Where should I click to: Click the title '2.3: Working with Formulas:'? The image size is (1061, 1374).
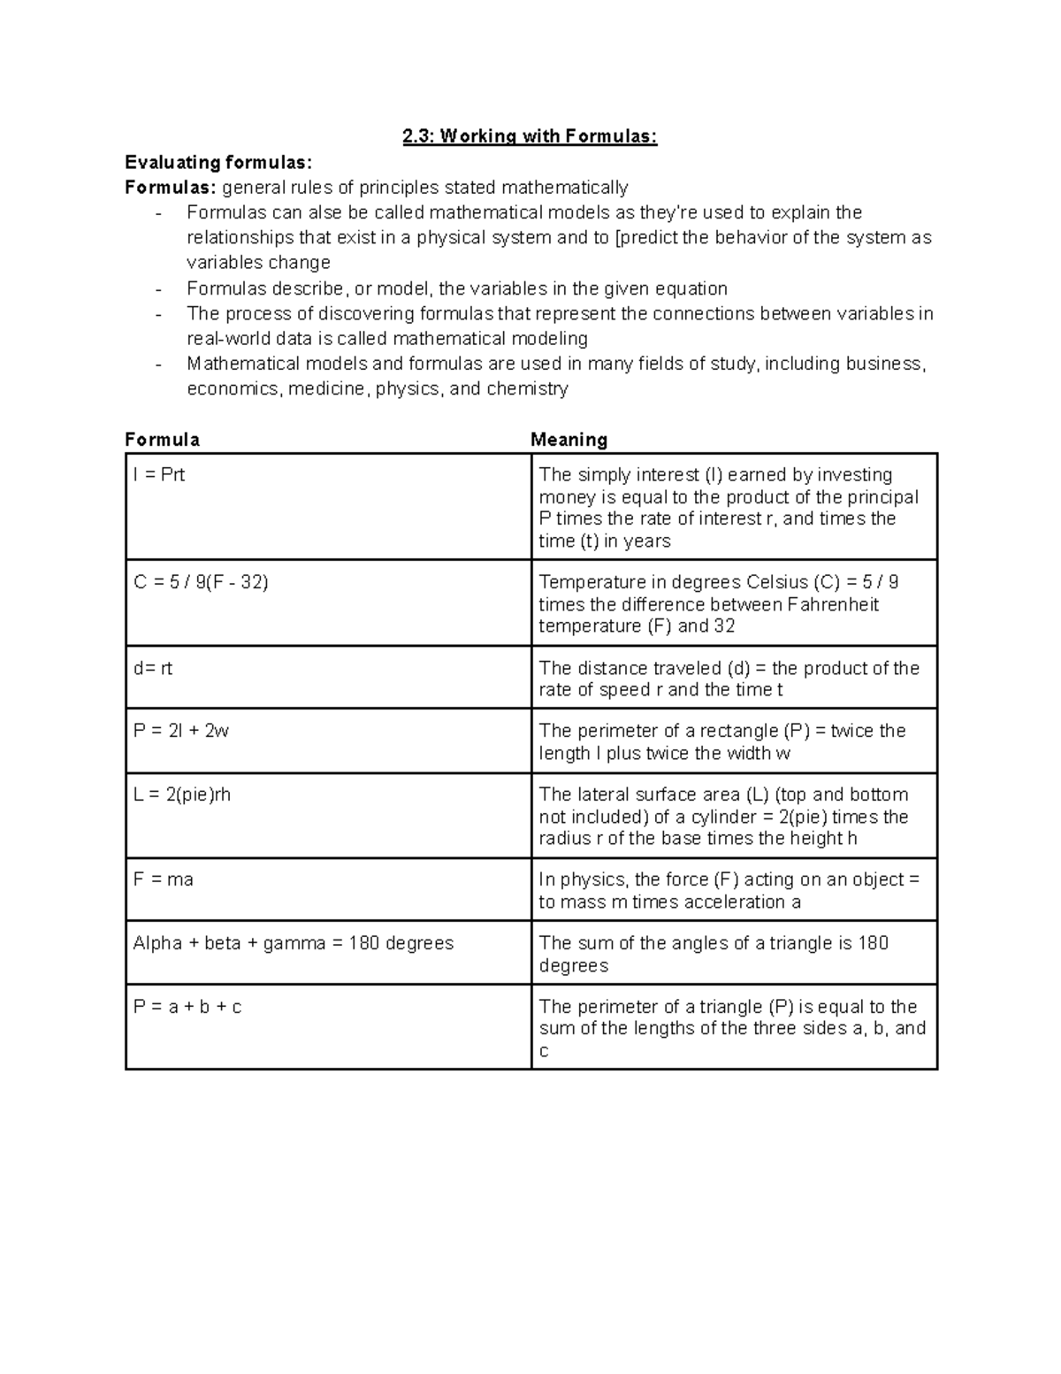pyautogui.click(x=530, y=136)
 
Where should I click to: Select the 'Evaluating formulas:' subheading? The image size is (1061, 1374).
pyautogui.click(x=218, y=162)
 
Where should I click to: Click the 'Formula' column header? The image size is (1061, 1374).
pyautogui.click(x=162, y=440)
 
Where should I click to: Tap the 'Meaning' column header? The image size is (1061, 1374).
pyautogui.click(x=569, y=440)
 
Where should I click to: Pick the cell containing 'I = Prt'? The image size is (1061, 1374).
pyautogui.click(x=159, y=475)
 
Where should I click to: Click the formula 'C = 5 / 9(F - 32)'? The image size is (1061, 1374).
pyautogui.click(x=201, y=582)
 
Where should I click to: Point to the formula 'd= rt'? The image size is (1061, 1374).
pyautogui.click(x=153, y=668)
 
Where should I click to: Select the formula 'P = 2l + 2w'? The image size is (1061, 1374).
pyautogui.click(x=181, y=731)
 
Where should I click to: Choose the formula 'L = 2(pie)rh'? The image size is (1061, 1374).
pyautogui.click(x=181, y=794)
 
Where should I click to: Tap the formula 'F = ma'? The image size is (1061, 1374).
pyautogui.click(x=163, y=879)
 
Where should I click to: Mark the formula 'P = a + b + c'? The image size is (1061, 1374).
pyautogui.click(x=187, y=1007)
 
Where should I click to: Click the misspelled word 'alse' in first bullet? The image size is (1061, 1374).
pyautogui.click(x=324, y=212)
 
